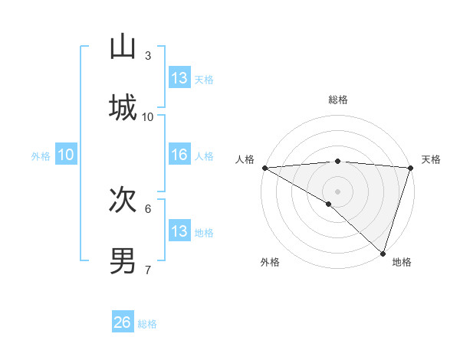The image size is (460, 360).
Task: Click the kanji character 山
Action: click(123, 47)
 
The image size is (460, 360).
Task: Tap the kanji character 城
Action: click(123, 106)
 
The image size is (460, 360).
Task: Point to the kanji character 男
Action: click(123, 260)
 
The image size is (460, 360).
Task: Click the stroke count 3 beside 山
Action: click(148, 55)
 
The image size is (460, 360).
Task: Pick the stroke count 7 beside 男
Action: click(148, 270)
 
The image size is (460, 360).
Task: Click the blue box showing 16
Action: click(179, 155)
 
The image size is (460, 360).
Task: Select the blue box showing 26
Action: click(123, 322)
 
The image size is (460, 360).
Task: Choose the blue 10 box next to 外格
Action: click(66, 155)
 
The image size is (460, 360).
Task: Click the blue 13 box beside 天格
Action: click(179, 78)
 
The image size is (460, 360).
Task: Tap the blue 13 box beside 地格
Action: click(179, 231)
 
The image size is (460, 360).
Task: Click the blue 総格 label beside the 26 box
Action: click(147, 324)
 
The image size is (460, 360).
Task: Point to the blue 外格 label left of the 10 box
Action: click(41, 155)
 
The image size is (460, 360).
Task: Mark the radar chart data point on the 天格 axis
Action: click(410, 168)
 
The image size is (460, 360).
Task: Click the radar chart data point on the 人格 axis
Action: click(264, 168)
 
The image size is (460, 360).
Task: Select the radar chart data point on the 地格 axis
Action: click(383, 253)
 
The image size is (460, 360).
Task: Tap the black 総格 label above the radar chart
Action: click(338, 100)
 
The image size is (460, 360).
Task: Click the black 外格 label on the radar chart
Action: click(270, 262)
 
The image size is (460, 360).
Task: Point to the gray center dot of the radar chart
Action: click(337, 191)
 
